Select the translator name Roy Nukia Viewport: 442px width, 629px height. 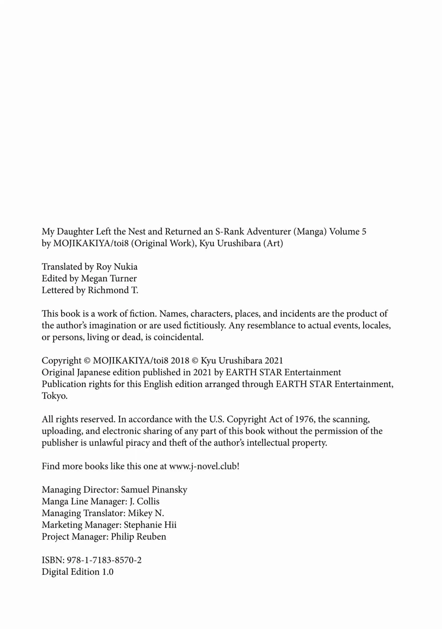click(x=117, y=267)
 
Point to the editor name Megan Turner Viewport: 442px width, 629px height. click(x=109, y=278)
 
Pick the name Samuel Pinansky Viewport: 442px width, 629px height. click(x=154, y=489)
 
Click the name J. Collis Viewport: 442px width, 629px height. click(x=144, y=501)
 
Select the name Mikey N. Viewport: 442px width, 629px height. click(x=146, y=513)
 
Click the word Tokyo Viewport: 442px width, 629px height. click(x=54, y=396)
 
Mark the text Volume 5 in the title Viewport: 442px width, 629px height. click(x=348, y=231)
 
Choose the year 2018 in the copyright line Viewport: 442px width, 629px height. click(x=180, y=360)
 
